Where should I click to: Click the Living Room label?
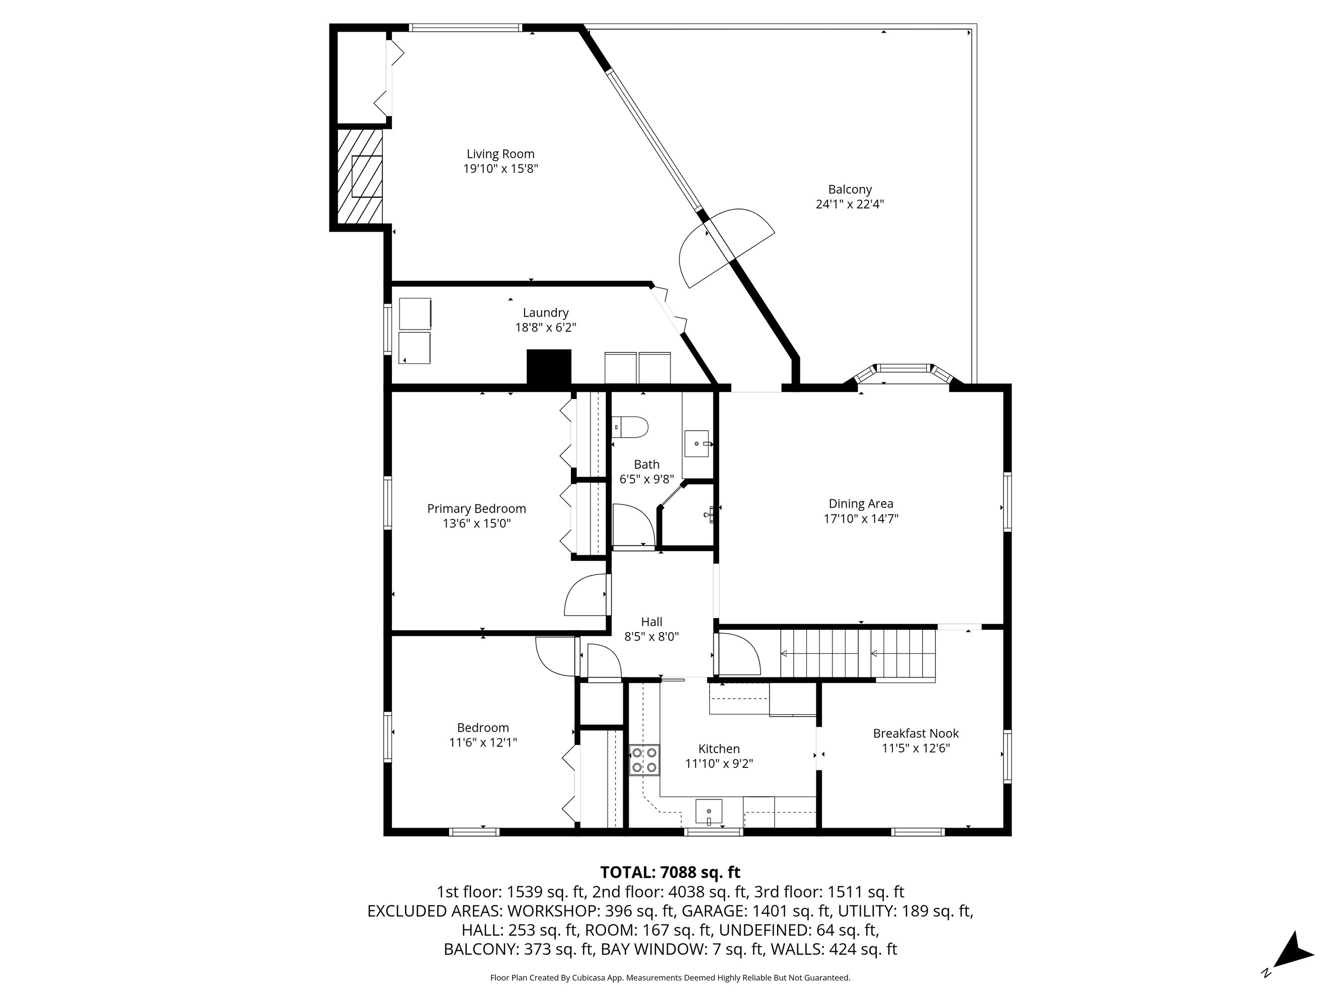coord(500,154)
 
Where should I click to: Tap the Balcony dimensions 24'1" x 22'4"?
coord(850,204)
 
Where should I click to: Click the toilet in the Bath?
coord(630,427)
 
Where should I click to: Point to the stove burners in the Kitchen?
coord(644,760)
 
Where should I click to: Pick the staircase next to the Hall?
coord(857,654)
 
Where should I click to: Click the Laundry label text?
coord(546,313)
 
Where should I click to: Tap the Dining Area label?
coord(861,504)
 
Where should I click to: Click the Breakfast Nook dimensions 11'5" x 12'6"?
coord(915,748)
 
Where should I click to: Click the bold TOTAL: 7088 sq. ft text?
coord(670,872)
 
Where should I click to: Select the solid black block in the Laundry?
coord(549,367)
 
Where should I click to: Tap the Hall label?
coord(652,622)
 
